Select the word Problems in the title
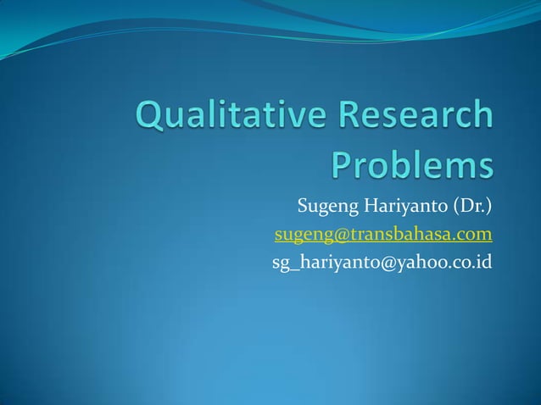point(411,165)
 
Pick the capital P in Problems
point(342,165)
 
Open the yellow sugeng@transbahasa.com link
point(382,234)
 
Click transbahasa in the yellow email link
point(397,234)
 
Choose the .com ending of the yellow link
point(473,234)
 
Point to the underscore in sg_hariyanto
point(293,266)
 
